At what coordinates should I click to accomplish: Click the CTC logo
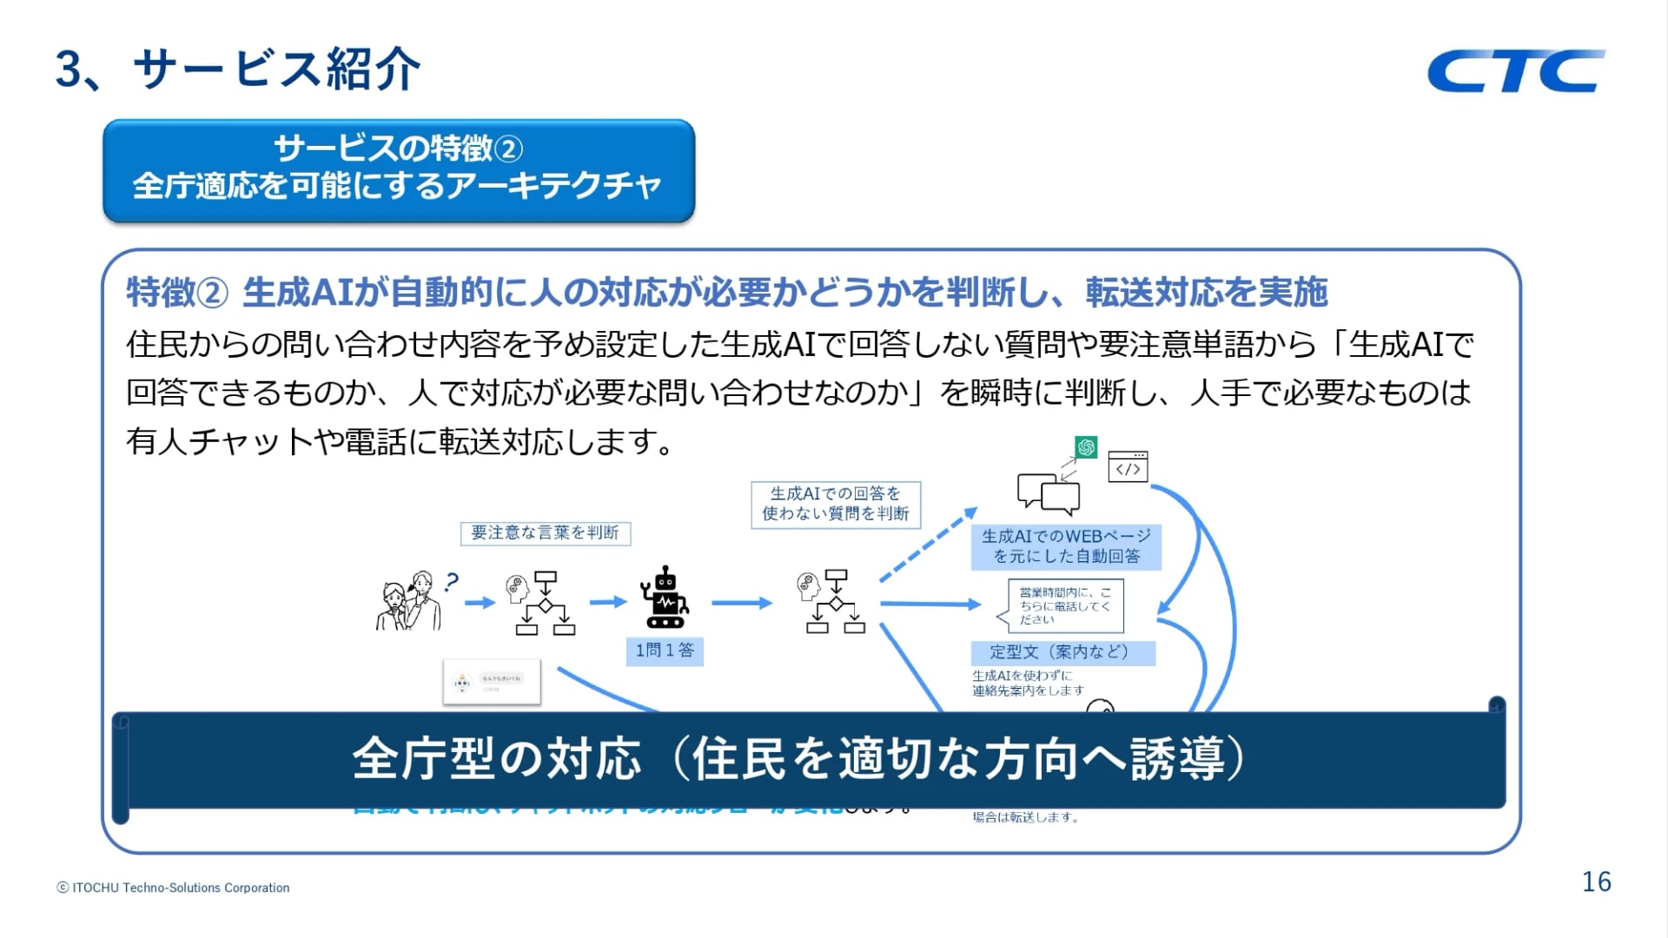pos(1516,70)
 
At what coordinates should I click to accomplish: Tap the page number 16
pos(1596,882)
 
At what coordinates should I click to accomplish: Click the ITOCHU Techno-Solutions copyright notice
pos(173,888)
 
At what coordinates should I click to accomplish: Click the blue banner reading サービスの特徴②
pos(399,169)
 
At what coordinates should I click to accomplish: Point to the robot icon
pos(665,598)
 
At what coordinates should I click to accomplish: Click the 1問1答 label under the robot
pos(665,651)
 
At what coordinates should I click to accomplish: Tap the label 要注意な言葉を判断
pos(545,532)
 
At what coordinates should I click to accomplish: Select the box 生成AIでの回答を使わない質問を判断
pos(835,504)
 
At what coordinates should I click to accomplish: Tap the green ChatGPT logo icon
pos(1086,447)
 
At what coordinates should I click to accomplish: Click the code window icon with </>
pos(1128,467)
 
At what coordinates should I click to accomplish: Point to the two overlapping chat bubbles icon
pos(1049,492)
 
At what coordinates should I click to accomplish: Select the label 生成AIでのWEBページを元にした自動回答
pos(1066,546)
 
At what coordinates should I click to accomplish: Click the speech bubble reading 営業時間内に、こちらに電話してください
pos(1064,605)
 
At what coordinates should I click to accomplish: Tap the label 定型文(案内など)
pos(1062,652)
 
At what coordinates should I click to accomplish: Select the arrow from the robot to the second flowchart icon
pos(741,603)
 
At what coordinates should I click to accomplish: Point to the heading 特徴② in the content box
pos(176,293)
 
